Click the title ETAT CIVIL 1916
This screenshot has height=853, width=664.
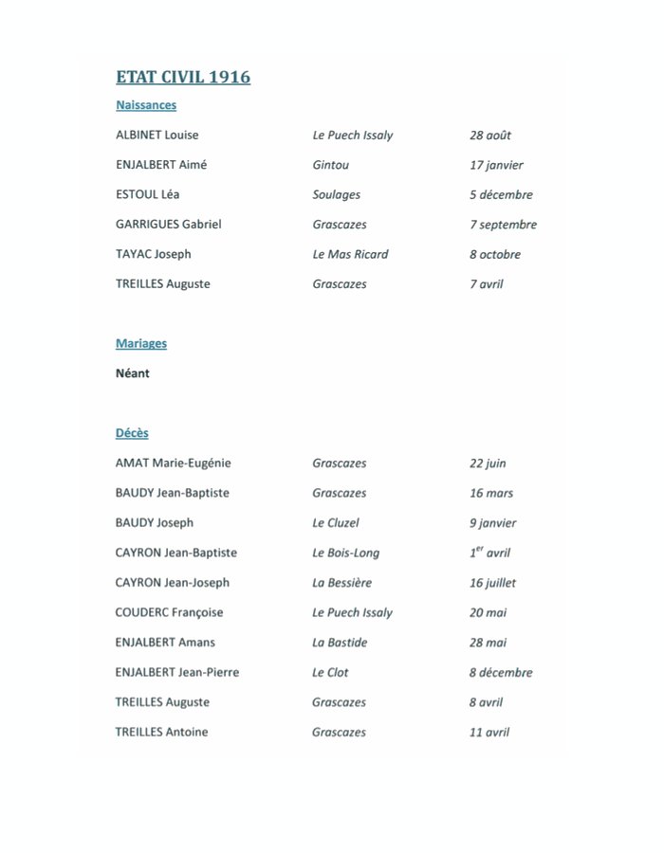tap(183, 77)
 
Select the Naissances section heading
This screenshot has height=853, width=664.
tap(146, 105)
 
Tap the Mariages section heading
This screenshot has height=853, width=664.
tap(141, 343)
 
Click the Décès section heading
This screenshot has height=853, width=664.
tap(132, 432)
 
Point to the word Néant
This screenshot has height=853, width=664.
tap(133, 373)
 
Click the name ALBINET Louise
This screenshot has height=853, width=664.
tap(157, 135)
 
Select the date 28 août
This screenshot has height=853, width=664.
tap(490, 135)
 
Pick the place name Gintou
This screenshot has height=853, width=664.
tap(331, 165)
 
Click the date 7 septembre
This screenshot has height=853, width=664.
tap(503, 225)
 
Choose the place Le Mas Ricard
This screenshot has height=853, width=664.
tap(350, 254)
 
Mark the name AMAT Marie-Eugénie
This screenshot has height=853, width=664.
tap(174, 463)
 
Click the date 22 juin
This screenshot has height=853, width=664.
tap(488, 463)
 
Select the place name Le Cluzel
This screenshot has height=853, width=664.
tap(336, 522)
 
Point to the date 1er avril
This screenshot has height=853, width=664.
tap(489, 553)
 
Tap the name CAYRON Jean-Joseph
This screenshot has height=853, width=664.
tap(173, 582)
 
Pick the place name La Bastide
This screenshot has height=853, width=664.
tap(340, 642)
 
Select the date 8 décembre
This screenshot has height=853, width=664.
tap(500, 672)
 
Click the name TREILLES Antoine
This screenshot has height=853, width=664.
tap(162, 732)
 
